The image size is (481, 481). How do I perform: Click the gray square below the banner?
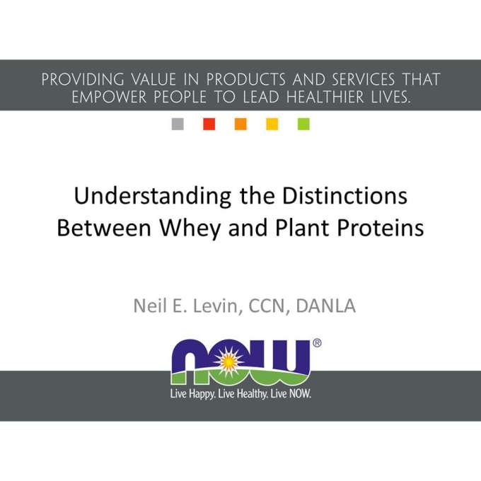click(x=178, y=124)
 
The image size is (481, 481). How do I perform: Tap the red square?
click(x=209, y=124)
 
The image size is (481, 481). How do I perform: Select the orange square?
click(x=240, y=124)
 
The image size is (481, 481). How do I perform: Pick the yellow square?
click(x=272, y=124)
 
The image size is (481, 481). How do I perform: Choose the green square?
click(x=303, y=124)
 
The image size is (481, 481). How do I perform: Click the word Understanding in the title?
click(x=153, y=197)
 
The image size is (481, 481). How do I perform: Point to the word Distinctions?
click(x=344, y=196)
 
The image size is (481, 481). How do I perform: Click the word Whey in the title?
click(x=190, y=229)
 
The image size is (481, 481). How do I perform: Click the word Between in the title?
click(x=104, y=228)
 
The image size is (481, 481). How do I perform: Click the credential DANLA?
click(x=326, y=306)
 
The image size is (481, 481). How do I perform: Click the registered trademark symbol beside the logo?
click(x=317, y=343)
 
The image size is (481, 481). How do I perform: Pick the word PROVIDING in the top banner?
click(x=83, y=79)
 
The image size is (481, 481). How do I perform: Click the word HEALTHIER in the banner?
click(x=325, y=97)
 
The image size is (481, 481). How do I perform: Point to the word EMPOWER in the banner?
click(x=109, y=97)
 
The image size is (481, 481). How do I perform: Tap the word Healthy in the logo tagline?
click(x=252, y=394)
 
